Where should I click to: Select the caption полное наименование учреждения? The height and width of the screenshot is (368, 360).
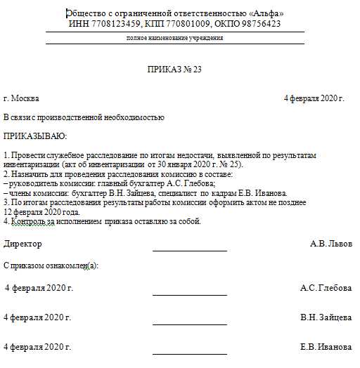point(174,38)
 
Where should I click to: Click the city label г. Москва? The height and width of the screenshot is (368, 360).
point(22,99)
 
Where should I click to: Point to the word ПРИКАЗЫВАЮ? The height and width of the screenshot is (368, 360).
point(36,136)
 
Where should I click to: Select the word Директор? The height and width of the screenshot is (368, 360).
point(23,244)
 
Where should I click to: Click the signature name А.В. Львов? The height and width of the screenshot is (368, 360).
point(330,244)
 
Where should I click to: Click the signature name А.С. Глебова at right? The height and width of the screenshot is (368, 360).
point(326,288)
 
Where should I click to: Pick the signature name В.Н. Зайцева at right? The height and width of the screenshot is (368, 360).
point(326,317)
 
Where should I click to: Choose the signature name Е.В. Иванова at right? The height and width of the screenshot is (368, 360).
point(326,347)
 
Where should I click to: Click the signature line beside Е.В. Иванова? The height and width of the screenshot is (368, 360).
point(190,353)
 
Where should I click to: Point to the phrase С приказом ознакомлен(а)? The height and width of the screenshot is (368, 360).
point(51,265)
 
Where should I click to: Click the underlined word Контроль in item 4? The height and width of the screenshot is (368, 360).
point(30,221)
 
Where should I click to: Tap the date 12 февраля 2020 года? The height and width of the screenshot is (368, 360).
point(41,212)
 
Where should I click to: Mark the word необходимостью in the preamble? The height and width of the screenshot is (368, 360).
point(134,117)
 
